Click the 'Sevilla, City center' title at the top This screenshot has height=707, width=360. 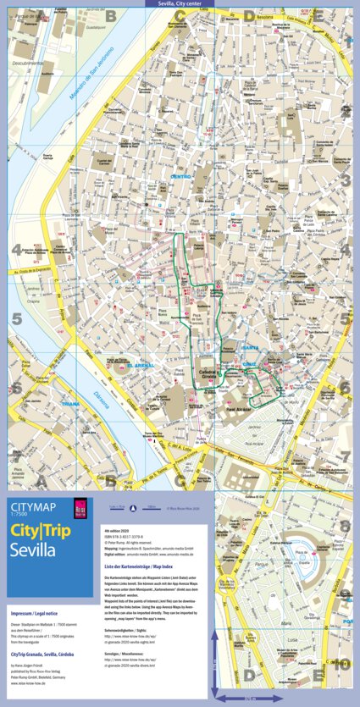[180, 3]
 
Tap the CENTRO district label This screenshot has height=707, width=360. [181, 176]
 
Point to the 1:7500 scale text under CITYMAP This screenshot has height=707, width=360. [19, 513]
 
